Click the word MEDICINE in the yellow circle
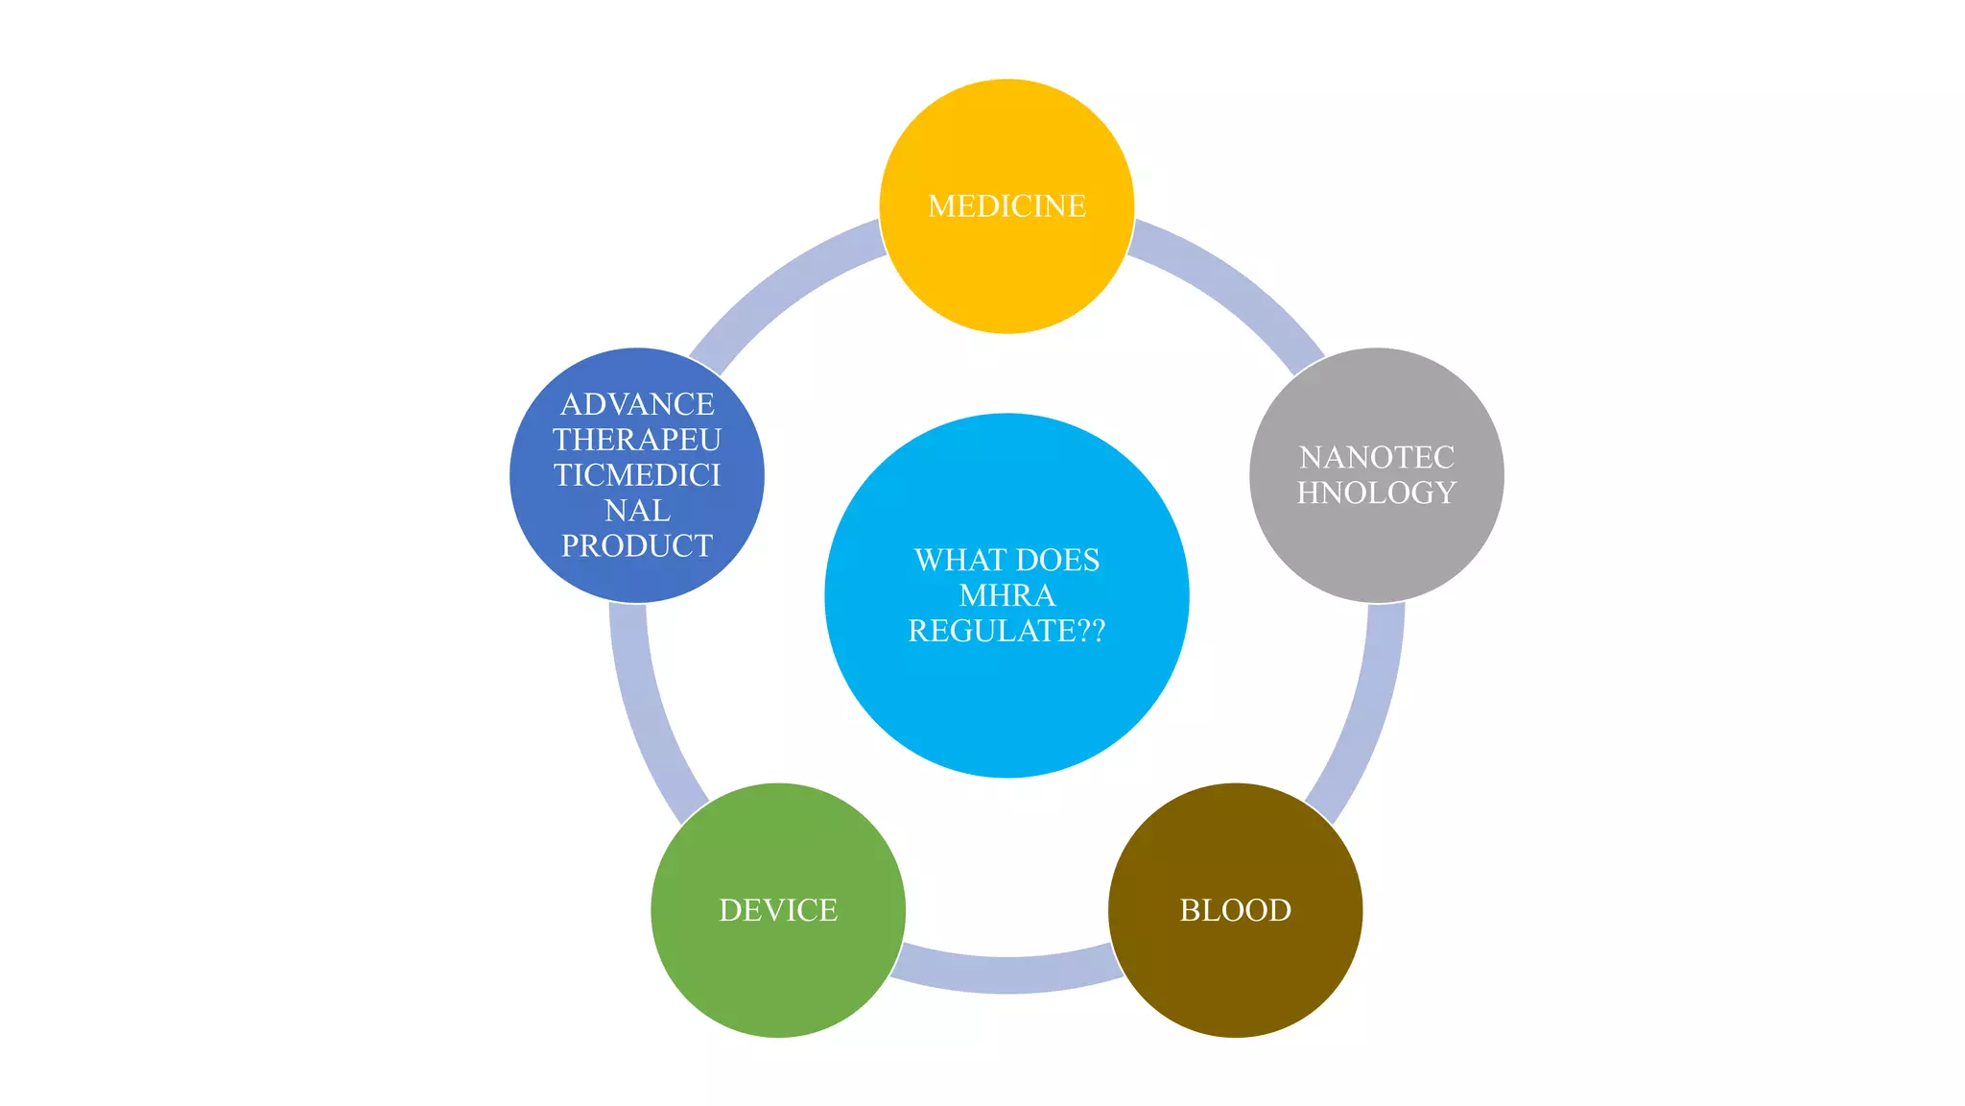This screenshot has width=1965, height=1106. pos(1006,206)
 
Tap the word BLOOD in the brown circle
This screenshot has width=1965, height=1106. pos(1235,910)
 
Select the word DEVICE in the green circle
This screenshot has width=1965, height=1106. pos(778,910)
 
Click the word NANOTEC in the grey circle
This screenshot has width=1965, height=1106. pos(1376,457)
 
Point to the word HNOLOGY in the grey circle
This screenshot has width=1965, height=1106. pos(1376,493)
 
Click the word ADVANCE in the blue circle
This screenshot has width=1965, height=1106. pos(637,404)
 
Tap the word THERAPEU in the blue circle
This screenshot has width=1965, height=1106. pos(637,440)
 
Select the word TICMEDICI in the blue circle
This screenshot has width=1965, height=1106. pos(637,475)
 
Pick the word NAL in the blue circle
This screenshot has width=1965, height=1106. pos(637,511)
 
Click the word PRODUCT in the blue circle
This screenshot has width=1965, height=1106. pos(637,546)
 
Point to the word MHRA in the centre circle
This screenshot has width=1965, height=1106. pos(1006,595)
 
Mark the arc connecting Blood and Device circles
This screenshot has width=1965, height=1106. pos(1006,974)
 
